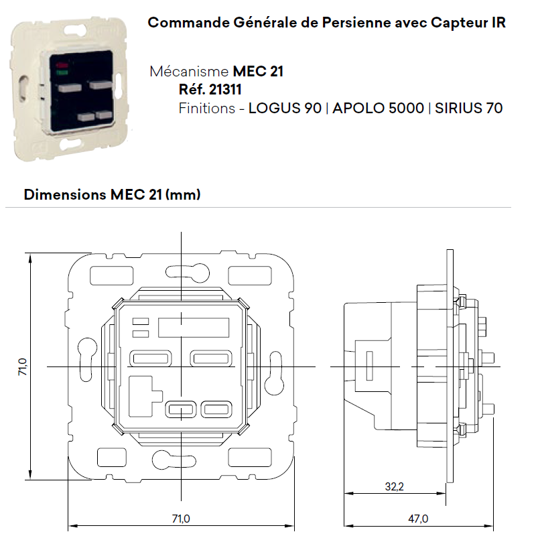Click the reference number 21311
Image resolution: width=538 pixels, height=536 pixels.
[x=225, y=90]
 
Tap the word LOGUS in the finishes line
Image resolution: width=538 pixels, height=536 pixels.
[x=275, y=108]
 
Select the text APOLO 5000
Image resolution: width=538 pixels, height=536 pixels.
[x=378, y=108]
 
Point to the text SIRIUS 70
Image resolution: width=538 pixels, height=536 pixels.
[x=469, y=108]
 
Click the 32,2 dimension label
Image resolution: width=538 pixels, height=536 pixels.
[x=394, y=486]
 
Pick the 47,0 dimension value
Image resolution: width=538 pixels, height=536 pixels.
[x=418, y=519]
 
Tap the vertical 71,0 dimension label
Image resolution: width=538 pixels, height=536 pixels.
[x=23, y=366]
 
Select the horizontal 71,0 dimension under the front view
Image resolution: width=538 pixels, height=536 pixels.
[x=181, y=519]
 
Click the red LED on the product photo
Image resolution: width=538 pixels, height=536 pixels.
[x=63, y=65]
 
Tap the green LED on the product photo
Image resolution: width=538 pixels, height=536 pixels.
[x=62, y=72]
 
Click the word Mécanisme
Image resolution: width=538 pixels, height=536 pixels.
[x=189, y=72]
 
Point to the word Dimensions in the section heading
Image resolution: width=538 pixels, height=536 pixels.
[x=65, y=194]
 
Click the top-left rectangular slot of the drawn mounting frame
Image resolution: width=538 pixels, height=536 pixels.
[x=111, y=275]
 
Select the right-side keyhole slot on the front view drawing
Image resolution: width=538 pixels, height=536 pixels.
[x=275, y=372]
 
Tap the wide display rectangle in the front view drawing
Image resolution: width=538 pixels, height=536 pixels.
[x=194, y=328]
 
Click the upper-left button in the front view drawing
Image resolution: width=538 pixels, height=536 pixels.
[x=150, y=358]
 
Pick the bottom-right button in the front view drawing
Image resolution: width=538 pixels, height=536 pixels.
[x=216, y=409]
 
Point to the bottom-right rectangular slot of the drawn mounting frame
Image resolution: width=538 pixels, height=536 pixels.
[x=250, y=457]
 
